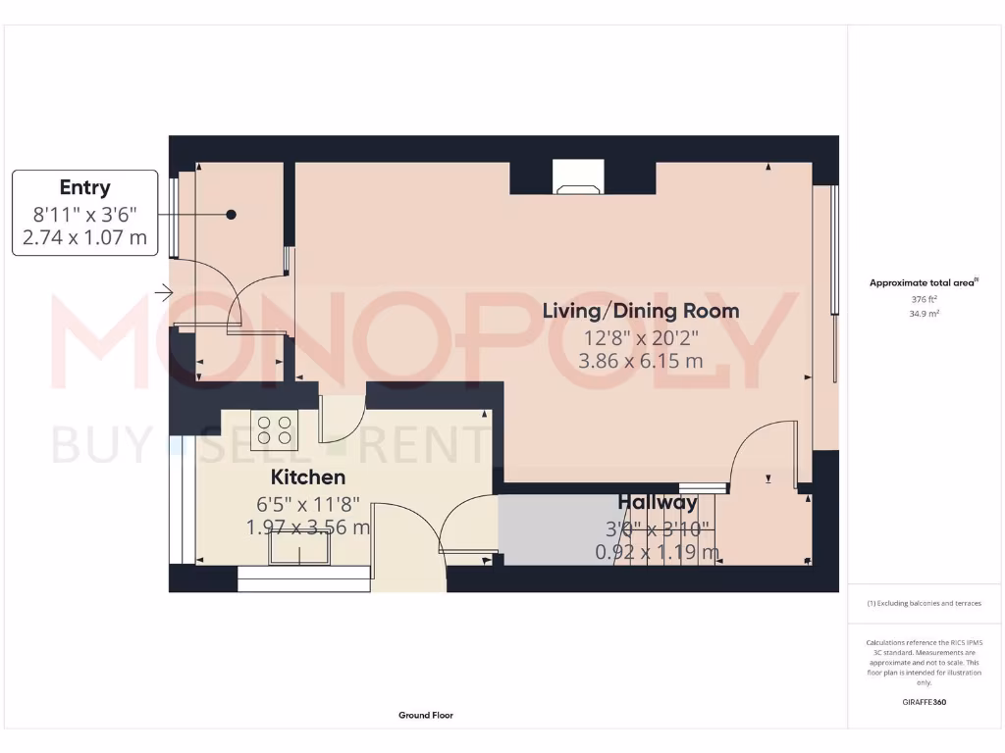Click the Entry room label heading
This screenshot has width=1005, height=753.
(84, 187)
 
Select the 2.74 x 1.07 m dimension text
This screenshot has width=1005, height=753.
(84, 236)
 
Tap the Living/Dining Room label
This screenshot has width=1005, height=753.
(641, 312)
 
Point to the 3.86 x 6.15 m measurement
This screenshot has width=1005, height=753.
(641, 360)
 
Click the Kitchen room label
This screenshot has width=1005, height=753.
(308, 477)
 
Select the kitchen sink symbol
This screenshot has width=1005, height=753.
(300, 554)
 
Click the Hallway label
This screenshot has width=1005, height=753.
(658, 503)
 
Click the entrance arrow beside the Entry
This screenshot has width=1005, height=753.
(163, 292)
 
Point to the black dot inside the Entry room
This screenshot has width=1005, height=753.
(232, 214)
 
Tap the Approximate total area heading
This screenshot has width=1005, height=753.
(924, 282)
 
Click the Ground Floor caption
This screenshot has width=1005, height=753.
(425, 716)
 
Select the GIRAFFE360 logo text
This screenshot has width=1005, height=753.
(924, 702)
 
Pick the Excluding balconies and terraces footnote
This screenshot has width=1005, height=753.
(924, 603)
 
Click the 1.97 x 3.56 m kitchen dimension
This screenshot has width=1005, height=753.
(308, 527)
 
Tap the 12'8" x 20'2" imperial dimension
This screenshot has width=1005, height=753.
(641, 336)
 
